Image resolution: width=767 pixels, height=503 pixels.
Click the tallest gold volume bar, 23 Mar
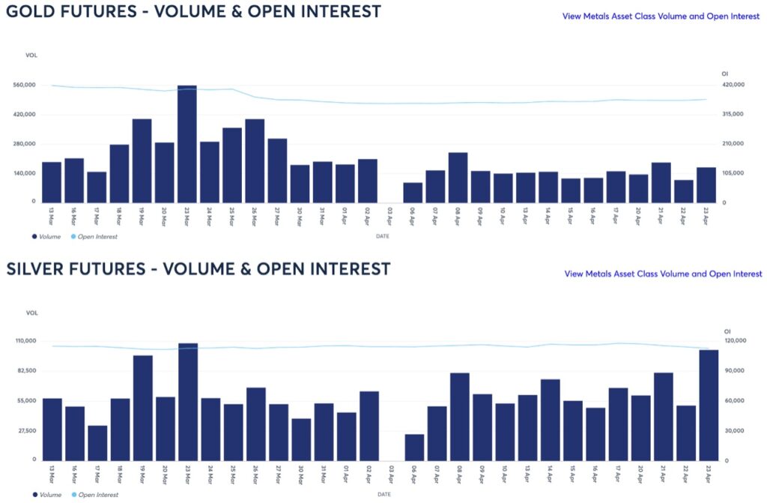click(x=187, y=144)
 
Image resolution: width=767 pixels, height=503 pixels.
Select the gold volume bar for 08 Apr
click(x=458, y=177)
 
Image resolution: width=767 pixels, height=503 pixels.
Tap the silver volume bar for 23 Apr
click(x=709, y=405)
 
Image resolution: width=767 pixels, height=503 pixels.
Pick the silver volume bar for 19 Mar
click(x=143, y=408)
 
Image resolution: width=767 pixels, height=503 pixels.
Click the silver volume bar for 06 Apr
click(x=414, y=448)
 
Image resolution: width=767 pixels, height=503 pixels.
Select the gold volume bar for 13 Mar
click(x=52, y=182)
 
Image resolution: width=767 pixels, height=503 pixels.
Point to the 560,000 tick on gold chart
click(x=25, y=85)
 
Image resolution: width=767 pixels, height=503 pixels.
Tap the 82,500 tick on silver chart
click(x=25, y=371)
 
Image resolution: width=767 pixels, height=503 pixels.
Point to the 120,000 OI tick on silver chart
click(x=736, y=341)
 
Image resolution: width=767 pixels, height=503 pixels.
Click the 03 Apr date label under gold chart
click(x=389, y=216)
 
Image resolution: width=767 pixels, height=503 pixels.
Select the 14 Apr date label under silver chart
click(x=549, y=475)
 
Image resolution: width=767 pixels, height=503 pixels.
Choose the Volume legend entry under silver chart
click(x=49, y=495)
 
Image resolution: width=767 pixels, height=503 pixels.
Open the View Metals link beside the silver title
click(x=663, y=274)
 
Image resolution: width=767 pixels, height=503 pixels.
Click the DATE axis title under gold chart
click(x=383, y=237)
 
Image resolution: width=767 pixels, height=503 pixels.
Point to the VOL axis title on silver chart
click(x=31, y=313)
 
